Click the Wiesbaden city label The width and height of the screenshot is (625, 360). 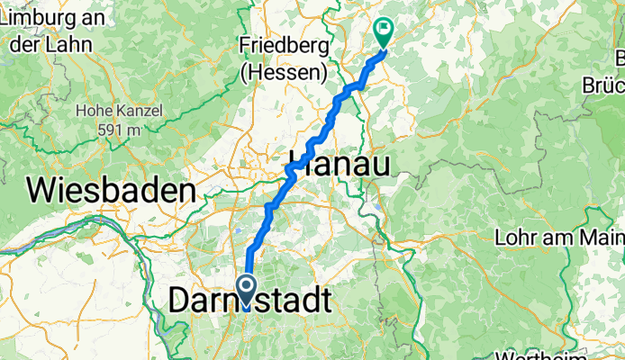[112, 191]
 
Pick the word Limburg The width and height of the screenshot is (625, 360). [34, 16]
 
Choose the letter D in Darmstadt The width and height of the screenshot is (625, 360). [180, 300]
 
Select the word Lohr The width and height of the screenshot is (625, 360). [517, 238]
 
